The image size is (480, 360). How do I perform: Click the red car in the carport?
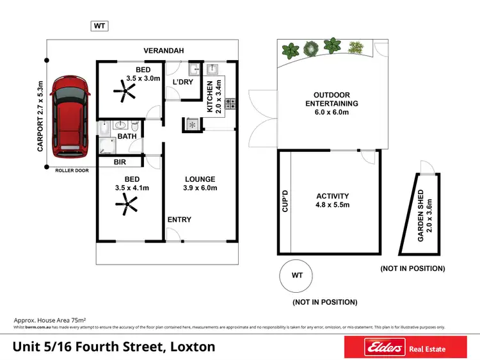pyautogui.click(x=67, y=117)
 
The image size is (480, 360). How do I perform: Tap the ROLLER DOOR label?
pyautogui.click(x=70, y=171)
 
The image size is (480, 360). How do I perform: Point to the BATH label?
pyautogui.click(x=127, y=136)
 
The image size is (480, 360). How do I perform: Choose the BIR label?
pyautogui.click(x=119, y=163)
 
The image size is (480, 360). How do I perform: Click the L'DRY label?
pyautogui.click(x=184, y=82)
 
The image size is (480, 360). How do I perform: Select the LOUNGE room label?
pyautogui.click(x=200, y=183)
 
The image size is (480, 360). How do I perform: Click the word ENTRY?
pyautogui.click(x=179, y=220)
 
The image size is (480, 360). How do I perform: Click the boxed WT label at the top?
pyautogui.click(x=99, y=26)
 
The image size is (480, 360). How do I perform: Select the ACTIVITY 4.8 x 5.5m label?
pyautogui.click(x=332, y=200)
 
